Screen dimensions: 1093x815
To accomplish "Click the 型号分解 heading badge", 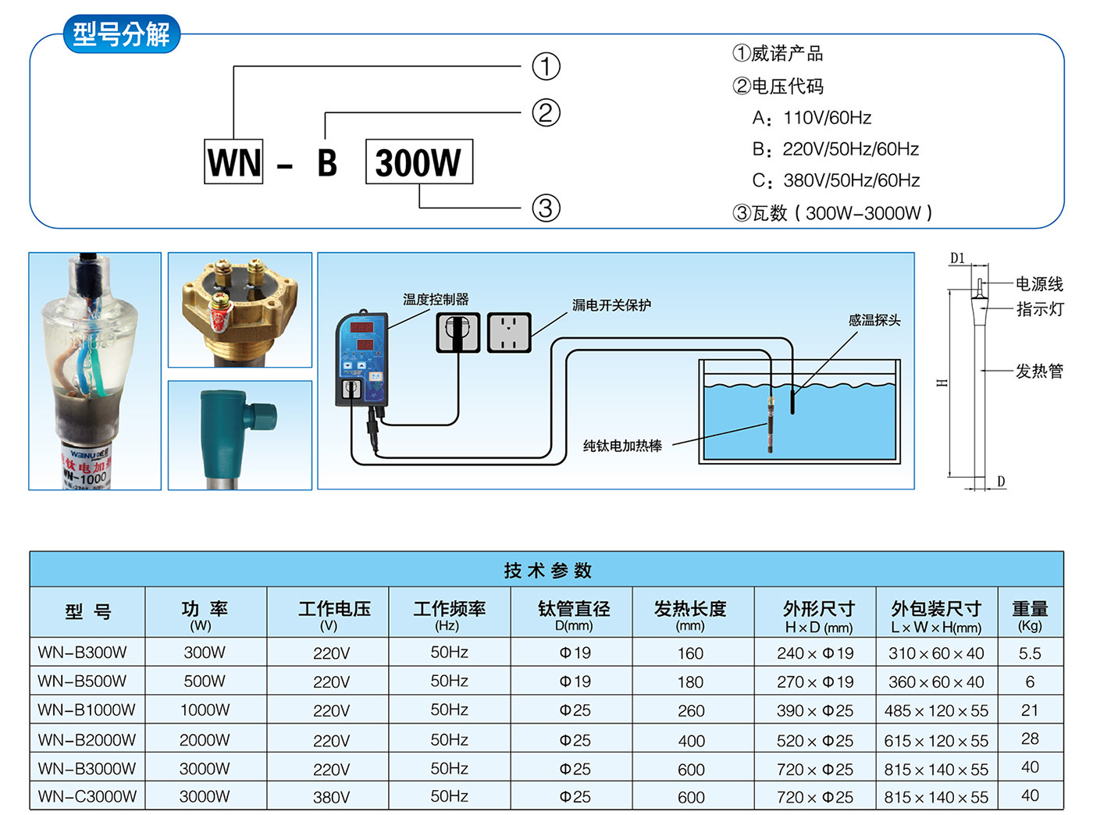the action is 121,34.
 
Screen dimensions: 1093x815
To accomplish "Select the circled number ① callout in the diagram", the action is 546,66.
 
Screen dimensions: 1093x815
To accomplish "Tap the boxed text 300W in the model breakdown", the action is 418,162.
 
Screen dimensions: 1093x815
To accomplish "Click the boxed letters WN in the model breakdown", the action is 233,162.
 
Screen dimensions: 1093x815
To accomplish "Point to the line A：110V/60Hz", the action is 811,118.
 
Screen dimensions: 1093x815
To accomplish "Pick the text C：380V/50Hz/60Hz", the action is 835,180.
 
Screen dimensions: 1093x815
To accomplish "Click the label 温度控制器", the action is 436,299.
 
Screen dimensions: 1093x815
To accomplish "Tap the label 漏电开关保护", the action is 611,304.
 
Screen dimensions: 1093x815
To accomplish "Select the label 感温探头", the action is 874,320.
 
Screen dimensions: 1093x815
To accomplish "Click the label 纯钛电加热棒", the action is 622,446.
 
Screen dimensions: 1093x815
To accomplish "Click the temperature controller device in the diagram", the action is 361,358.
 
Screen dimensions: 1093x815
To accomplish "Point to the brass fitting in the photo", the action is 239,310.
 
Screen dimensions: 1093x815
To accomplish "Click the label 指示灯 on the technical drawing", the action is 1040,309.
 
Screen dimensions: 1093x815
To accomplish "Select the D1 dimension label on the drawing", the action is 957,258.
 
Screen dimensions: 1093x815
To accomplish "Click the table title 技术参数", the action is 547,571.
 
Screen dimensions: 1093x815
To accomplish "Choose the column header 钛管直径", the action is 574,609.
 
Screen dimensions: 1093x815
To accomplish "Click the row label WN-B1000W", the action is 87,710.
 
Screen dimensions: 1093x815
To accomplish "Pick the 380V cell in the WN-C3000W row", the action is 331,797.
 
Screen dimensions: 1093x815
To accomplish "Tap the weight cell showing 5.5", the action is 1030,653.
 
